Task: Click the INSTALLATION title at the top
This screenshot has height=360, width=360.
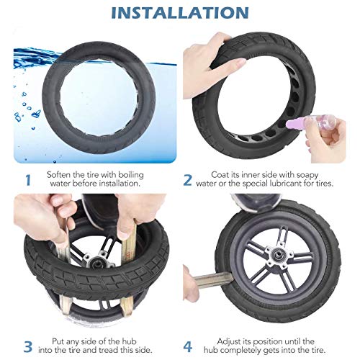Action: pyautogui.click(x=180, y=13)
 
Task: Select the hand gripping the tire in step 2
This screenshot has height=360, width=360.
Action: pyautogui.click(x=216, y=58)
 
